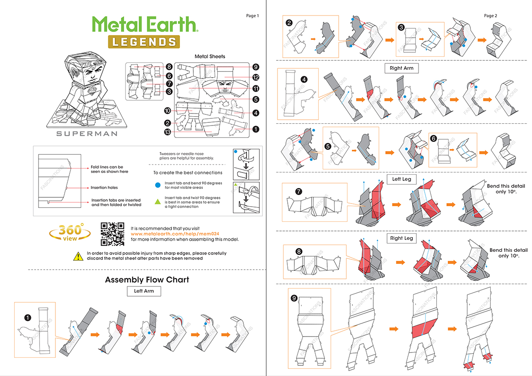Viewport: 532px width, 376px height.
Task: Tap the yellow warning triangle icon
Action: [78, 255]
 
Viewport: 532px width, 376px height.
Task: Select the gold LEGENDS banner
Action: [143, 42]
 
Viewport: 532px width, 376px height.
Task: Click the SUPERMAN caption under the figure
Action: [87, 133]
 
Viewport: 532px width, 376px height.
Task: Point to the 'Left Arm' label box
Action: [144, 291]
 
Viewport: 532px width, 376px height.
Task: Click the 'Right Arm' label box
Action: [402, 68]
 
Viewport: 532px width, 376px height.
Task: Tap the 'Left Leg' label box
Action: [402, 180]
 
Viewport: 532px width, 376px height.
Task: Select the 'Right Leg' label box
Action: [402, 238]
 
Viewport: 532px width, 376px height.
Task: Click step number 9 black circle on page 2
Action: [294, 298]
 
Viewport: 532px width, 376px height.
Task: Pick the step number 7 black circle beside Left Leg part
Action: [298, 192]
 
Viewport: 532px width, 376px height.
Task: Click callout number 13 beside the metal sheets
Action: [167, 132]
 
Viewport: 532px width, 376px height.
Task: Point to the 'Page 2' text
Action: [490, 16]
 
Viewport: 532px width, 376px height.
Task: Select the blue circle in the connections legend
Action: [157, 184]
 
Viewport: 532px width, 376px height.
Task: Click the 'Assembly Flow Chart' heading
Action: [147, 280]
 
